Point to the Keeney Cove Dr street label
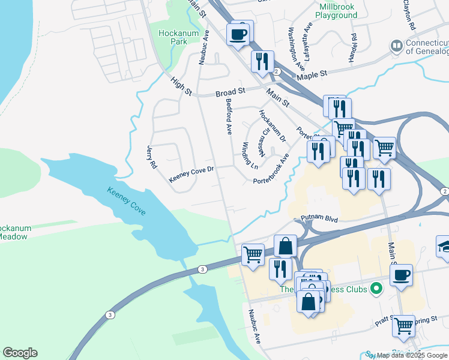click(x=191, y=175)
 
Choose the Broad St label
click(x=231, y=93)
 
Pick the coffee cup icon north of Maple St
click(x=238, y=34)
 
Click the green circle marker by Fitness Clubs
click(x=377, y=289)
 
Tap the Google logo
click(x=20, y=352)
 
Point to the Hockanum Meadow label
click(x=15, y=233)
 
